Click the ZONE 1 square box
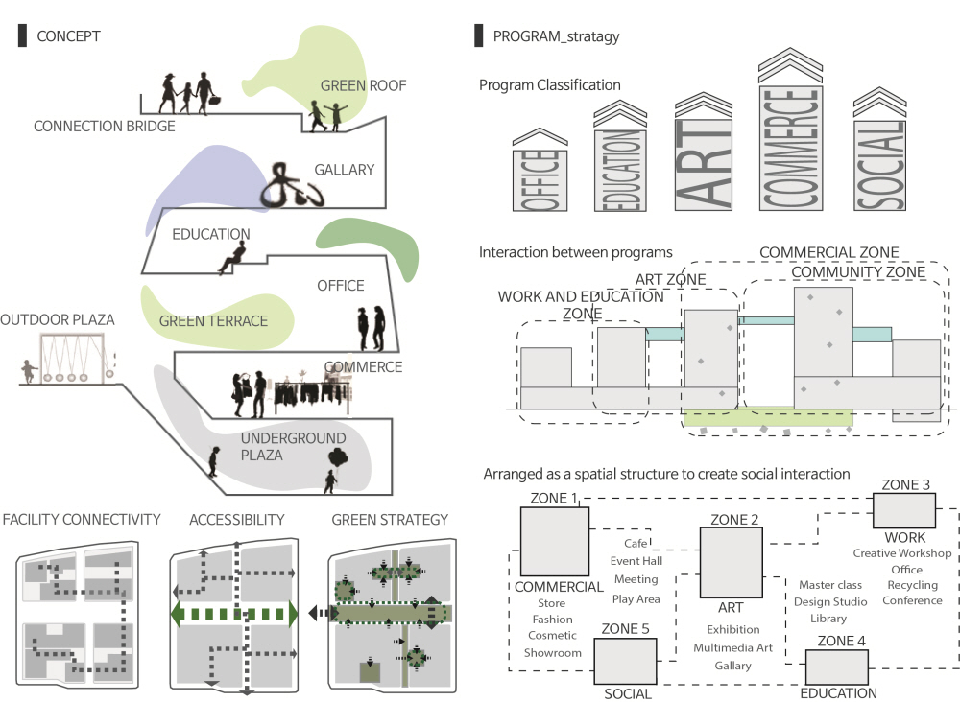(555, 542)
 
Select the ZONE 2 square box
(731, 562)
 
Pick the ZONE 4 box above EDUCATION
(836, 667)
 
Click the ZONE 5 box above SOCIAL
(625, 661)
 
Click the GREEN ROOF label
(363, 85)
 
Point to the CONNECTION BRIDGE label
(105, 126)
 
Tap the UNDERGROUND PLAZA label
(275, 447)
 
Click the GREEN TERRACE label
(213, 321)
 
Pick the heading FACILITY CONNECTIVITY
(82, 520)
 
